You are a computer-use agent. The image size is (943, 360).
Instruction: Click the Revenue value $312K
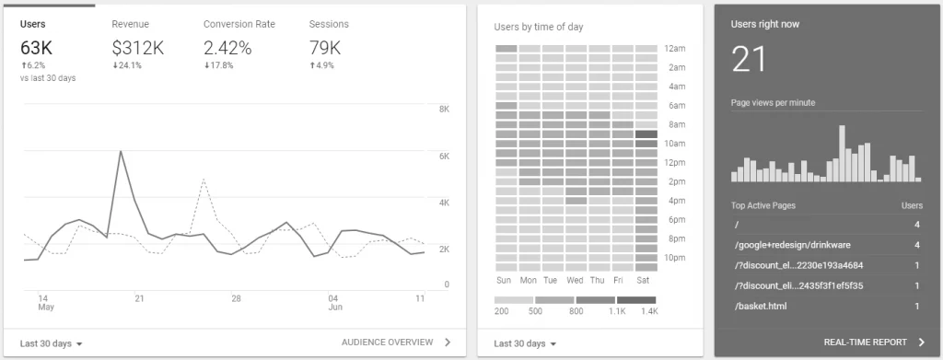coord(137,47)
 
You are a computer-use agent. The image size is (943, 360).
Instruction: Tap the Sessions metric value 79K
coord(326,47)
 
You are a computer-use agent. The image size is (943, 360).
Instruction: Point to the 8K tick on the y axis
coord(443,110)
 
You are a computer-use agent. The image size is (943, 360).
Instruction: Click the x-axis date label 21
coord(139,298)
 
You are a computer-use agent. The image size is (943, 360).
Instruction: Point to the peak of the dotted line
coord(202,180)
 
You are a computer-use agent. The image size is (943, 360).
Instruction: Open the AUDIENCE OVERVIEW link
coord(386,343)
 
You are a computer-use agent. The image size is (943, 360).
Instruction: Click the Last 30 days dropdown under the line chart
coord(52,343)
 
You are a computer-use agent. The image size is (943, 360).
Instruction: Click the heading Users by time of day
coord(539,28)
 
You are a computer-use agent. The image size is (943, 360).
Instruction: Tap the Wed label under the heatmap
coord(576,280)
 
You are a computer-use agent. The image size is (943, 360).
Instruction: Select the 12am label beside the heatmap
coord(677,48)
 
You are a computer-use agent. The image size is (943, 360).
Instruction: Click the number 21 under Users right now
coord(750,61)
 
